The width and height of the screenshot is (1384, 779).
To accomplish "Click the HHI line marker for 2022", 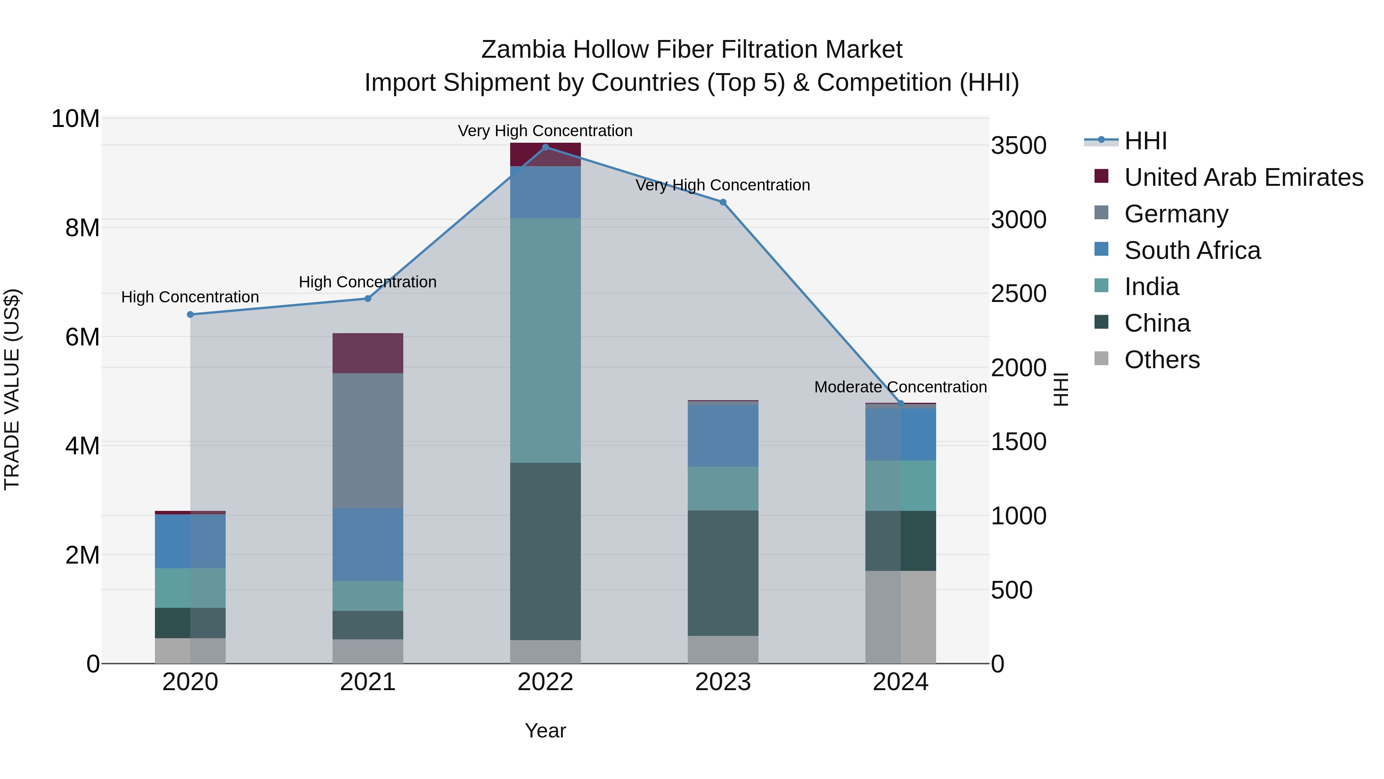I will pos(545,147).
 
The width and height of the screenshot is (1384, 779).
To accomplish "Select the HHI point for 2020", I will pos(190,315).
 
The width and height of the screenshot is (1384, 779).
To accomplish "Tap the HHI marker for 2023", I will pos(723,202).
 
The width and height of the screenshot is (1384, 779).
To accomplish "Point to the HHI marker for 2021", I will pos(368,299).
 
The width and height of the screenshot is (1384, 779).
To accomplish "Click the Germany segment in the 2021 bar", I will pos(368,440).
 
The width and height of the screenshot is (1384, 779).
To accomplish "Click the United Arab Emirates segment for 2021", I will pos(368,353).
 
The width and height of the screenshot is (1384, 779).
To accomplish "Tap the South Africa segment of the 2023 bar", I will pos(723,435).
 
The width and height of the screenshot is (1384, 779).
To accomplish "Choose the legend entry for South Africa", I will pos(1192,250).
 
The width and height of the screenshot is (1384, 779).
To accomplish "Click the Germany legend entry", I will pos(1176,214).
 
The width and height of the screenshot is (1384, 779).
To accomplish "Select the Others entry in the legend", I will pos(1161,360).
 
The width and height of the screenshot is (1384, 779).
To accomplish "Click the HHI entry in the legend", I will pos(1146,141).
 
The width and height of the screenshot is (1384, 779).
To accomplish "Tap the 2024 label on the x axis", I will pos(900,682).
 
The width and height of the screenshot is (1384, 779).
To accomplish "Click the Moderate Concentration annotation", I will pos(900,387).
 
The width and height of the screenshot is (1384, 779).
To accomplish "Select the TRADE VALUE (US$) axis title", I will pos(12,389).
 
